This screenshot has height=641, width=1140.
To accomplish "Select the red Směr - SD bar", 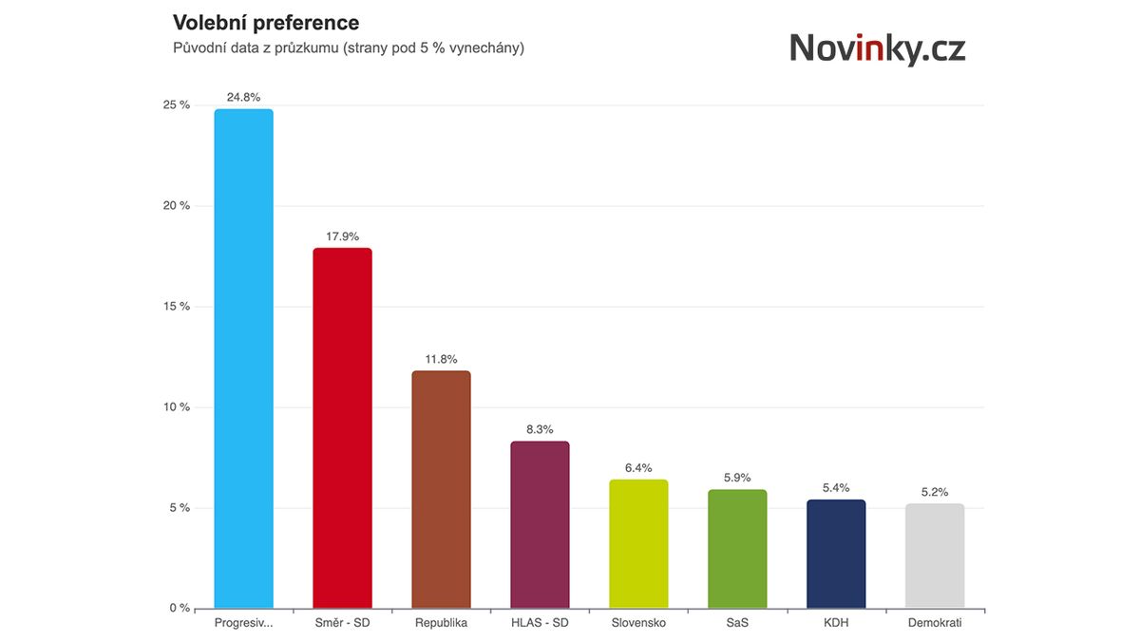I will point(342,428).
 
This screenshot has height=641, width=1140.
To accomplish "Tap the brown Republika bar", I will point(441,489).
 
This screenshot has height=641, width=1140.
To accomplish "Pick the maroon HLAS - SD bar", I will point(540,524).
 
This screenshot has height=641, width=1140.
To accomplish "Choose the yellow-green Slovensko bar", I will point(638,544).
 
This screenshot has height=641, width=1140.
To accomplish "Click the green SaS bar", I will point(737,549).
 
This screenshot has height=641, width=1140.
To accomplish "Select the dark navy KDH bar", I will point(836,554).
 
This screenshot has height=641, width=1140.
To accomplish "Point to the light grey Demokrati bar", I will point(935,556).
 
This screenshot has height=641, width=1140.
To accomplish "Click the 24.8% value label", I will point(243,97).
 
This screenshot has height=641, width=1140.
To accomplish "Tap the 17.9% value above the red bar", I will point(342,236).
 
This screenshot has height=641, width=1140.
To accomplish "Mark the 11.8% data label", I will point(441,359).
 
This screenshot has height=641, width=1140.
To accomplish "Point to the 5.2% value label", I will point(935,492).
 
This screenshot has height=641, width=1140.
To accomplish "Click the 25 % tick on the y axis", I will point(177,105).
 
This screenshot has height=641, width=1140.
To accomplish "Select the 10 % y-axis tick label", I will point(177,407).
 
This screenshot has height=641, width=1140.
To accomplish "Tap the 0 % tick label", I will point(180,609).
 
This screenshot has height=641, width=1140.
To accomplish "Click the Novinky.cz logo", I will point(877,47).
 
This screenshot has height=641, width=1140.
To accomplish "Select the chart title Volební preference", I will point(266,23).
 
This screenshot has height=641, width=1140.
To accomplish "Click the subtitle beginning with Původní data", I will point(348,47).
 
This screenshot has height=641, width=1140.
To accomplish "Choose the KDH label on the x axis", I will point(836,623).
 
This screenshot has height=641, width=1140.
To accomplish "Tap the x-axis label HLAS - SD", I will point(540,623).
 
